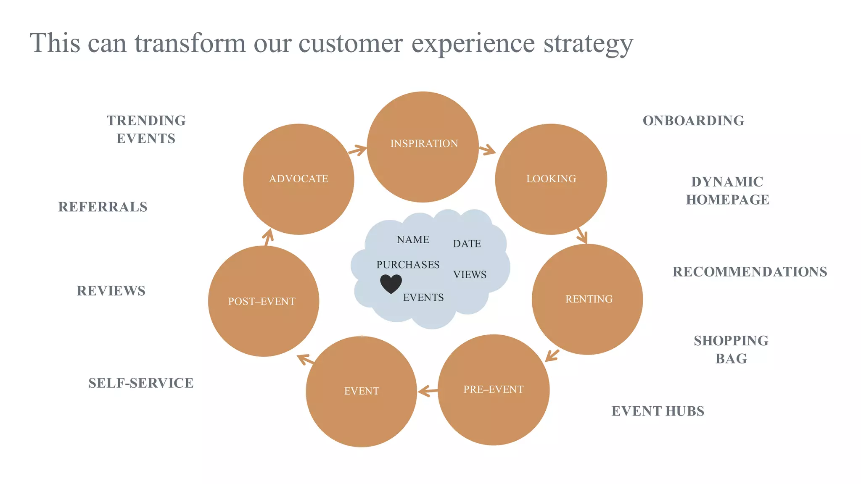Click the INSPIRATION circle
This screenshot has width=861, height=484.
click(423, 147)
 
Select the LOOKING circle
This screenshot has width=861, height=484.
click(551, 179)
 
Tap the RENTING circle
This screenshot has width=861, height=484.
click(587, 299)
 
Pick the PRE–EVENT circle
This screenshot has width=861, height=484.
click(494, 390)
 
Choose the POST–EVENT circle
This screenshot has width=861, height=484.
click(263, 301)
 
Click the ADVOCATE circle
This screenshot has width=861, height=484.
click(298, 179)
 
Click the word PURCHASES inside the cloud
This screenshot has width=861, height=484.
click(408, 265)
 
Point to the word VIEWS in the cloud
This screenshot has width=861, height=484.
click(470, 275)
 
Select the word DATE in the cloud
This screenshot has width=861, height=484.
click(467, 244)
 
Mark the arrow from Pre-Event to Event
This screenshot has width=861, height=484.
click(428, 391)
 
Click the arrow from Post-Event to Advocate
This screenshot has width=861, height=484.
click(268, 237)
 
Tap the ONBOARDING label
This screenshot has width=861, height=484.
click(693, 121)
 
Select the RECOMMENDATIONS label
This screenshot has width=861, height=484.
click(750, 272)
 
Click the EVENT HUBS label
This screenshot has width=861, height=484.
click(658, 411)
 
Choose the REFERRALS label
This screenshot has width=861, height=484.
click(103, 207)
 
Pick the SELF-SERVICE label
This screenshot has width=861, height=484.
click(141, 383)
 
